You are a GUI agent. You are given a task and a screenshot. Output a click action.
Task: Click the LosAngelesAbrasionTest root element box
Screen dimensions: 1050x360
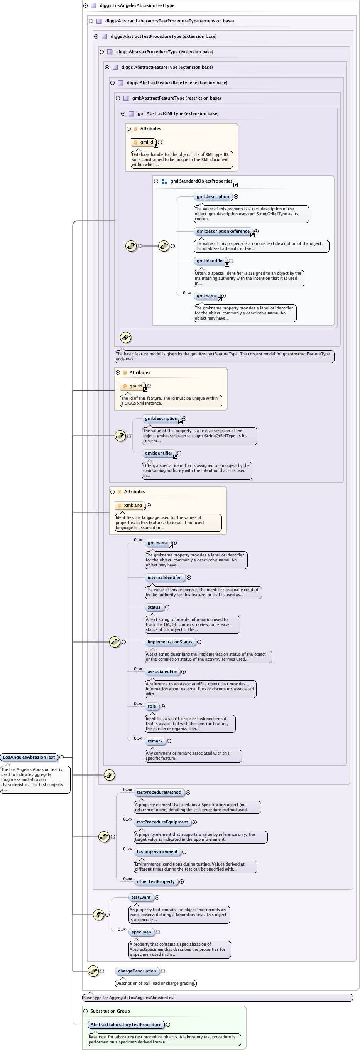tap(29, 757)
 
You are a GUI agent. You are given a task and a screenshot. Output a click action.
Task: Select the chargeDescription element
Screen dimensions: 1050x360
tap(137, 971)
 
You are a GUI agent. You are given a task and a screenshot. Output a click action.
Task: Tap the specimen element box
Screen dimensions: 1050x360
tap(141, 932)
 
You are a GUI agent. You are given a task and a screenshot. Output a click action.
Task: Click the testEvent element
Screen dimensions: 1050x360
tap(141, 897)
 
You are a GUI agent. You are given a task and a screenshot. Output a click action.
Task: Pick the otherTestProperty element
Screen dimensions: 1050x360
tap(156, 881)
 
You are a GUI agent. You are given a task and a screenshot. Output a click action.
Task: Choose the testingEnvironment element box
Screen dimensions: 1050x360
tap(157, 852)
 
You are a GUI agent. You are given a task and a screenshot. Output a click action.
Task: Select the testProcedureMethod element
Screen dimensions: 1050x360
tap(159, 792)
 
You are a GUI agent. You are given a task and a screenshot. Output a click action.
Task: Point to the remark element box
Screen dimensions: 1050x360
tap(155, 741)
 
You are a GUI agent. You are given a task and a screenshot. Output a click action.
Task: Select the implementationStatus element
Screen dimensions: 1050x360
tap(170, 642)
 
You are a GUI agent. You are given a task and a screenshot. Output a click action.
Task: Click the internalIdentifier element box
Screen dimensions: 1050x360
tap(165, 577)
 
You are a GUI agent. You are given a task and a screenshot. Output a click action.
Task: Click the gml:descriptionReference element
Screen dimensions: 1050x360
tap(223, 231)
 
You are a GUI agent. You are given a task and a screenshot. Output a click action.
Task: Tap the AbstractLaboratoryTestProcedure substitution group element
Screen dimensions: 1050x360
tap(126, 1024)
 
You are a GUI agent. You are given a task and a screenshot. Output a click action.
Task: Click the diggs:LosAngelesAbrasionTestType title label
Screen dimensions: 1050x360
tap(137, 5)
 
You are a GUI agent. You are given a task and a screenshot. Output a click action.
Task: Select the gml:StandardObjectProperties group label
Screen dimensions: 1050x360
tap(201, 181)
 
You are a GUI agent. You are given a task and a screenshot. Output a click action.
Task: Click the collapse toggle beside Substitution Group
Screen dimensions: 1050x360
tap(86, 1011)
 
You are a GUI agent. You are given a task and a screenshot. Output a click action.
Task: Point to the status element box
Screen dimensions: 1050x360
tap(154, 607)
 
